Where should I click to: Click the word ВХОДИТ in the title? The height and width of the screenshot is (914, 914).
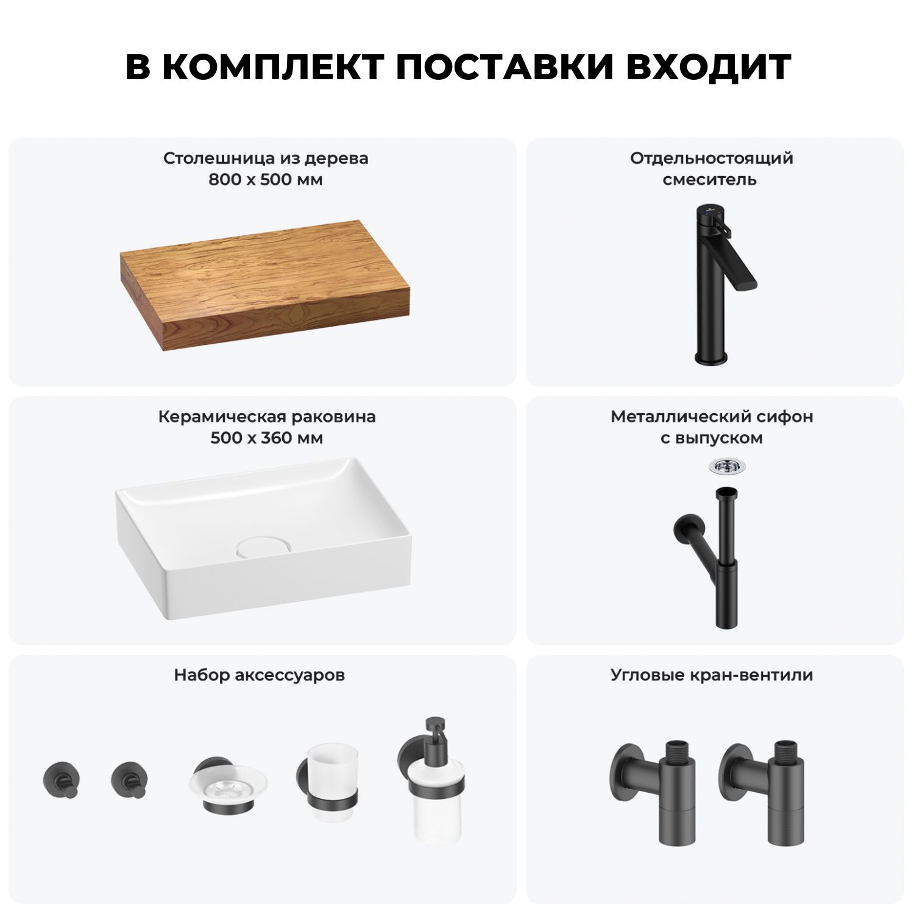pyautogui.click(x=709, y=67)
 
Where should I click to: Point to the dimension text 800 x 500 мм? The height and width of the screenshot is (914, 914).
pyautogui.click(x=266, y=180)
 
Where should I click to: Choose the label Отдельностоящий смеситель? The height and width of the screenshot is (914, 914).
pyautogui.click(x=712, y=169)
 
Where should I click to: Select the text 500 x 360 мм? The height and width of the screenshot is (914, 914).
pyautogui.click(x=266, y=438)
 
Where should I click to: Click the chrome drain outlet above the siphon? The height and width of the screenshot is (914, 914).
pyautogui.click(x=721, y=466)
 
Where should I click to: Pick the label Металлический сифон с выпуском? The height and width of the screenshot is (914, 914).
pyautogui.click(x=712, y=427)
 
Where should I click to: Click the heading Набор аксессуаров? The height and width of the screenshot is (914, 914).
pyautogui.click(x=260, y=675)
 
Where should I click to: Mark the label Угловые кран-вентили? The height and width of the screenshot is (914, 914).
pyautogui.click(x=712, y=675)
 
